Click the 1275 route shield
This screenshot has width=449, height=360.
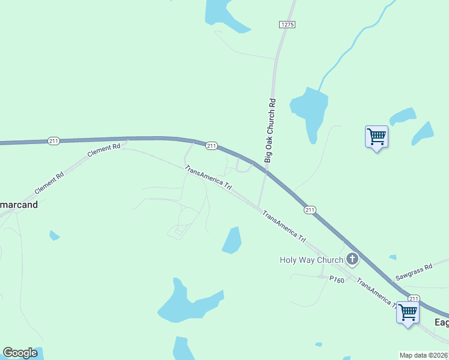click(x=287, y=24)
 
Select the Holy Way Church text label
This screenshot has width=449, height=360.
click(x=312, y=260)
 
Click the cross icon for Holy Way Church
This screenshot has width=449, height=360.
click(x=352, y=260)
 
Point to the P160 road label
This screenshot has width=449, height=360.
click(x=336, y=278)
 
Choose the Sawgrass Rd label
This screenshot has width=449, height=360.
click(x=414, y=273)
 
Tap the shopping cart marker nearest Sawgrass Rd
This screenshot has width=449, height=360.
click(x=408, y=312)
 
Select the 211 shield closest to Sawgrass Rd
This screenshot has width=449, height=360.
click(x=414, y=298)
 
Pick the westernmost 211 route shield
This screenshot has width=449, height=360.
click(x=54, y=141)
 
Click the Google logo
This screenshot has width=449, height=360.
click(x=20, y=353)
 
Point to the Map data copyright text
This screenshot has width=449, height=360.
click(x=424, y=355)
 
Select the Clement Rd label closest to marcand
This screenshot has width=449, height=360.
click(x=49, y=184)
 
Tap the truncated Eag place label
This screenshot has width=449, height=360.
click(x=441, y=322)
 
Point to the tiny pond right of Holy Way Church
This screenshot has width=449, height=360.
click(x=393, y=257)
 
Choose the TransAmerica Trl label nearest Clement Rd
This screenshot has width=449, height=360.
click(x=208, y=177)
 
